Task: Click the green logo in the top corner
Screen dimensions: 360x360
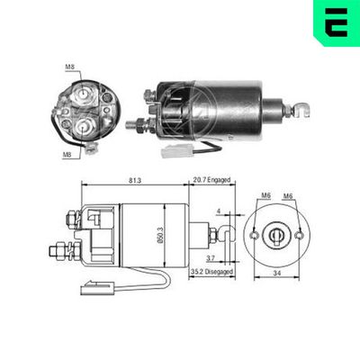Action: click(x=334, y=23)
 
